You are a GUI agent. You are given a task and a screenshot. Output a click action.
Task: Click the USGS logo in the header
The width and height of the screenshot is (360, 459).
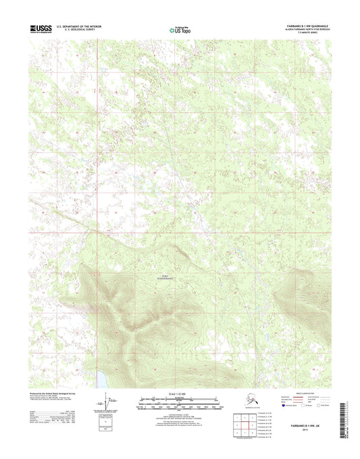tap(41, 29)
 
